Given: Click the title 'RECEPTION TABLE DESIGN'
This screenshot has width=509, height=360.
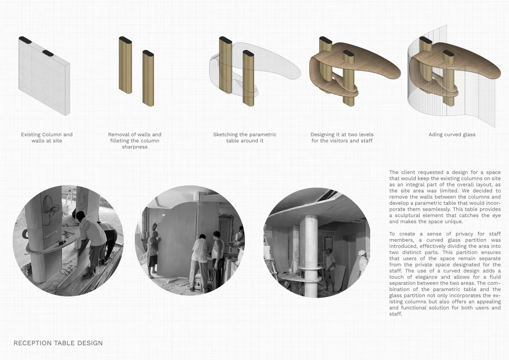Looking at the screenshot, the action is coord(58,343).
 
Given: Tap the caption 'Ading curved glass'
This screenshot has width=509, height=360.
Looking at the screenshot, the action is coord(452,134).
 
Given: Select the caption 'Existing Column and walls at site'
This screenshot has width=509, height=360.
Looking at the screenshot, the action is coord(47,138).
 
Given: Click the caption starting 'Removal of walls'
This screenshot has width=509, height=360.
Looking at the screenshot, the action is coord(135,141).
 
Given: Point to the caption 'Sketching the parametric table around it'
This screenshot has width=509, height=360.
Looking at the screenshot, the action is coord(245,138).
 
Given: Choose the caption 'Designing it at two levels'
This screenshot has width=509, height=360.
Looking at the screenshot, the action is coord(342,138).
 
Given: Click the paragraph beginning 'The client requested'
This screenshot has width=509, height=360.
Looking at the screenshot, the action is coord(445,197).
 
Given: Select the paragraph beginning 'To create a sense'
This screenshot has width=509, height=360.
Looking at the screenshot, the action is coord(445,274).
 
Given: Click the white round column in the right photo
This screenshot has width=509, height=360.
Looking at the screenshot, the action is coord(309,256).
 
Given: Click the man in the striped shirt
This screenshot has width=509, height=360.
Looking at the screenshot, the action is coord(199,259).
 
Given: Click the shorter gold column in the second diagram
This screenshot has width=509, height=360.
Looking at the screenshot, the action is coord(148,78).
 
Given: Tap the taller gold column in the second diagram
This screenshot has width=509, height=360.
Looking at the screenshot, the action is coord(125,65).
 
